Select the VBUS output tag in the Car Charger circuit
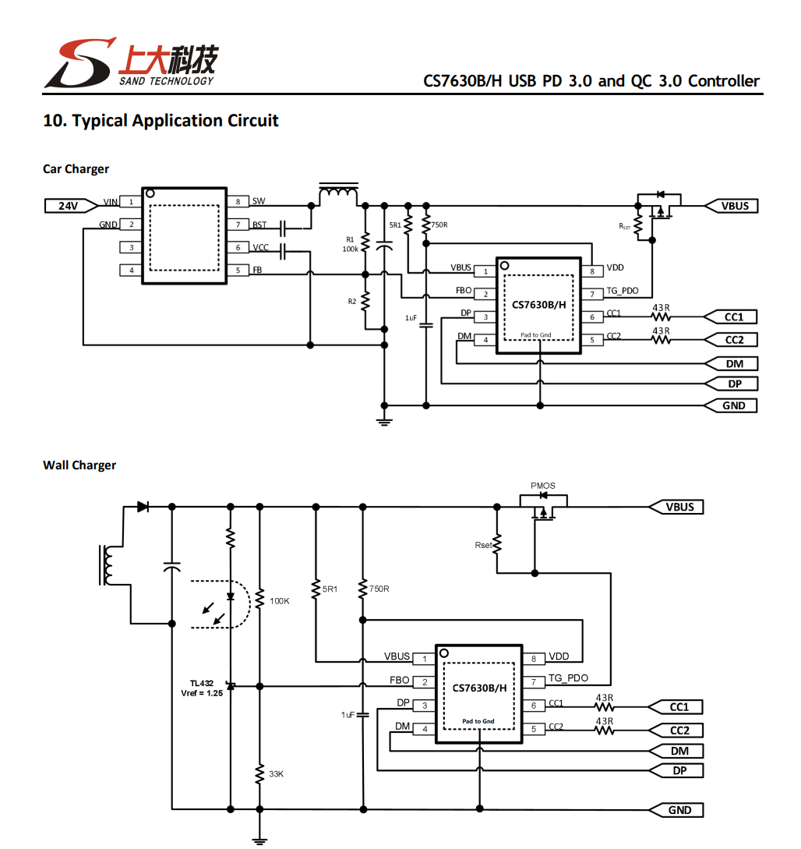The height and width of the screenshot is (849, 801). tap(731, 206)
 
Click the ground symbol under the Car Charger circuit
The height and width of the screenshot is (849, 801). tap(384, 421)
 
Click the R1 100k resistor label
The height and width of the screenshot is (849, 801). tap(350, 244)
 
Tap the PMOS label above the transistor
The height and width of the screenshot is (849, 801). tap(543, 486)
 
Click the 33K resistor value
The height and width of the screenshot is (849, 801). tap(276, 773)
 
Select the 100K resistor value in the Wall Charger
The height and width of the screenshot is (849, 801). tap(279, 601)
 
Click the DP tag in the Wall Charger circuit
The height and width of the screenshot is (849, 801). tap(676, 770)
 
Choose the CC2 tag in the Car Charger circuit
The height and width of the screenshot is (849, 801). tap(731, 340)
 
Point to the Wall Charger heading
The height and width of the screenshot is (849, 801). tap(79, 465)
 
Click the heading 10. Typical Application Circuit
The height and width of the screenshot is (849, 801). tap(161, 120)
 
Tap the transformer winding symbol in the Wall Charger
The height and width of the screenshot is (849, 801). tap(107, 565)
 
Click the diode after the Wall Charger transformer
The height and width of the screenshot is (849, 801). tap(143, 507)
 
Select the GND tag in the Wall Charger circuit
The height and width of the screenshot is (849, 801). tap(676, 810)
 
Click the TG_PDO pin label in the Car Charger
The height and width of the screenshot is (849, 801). tap(623, 291)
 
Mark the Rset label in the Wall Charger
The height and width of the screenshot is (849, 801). tap(483, 545)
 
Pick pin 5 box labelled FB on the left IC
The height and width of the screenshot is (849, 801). tap(238, 271)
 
